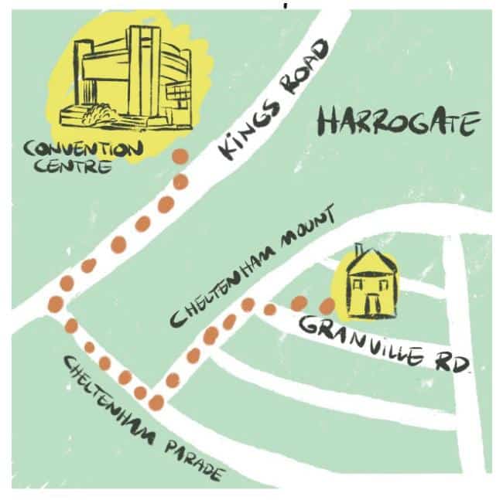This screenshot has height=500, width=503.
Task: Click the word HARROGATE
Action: click(x=399, y=124)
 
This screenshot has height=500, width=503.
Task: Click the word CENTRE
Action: click(x=67, y=165)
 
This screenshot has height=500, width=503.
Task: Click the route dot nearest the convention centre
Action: click(x=180, y=156)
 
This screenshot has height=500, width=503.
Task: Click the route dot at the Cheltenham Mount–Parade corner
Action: click(x=156, y=402)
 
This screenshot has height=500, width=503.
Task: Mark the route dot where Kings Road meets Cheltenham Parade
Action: click(x=55, y=304)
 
